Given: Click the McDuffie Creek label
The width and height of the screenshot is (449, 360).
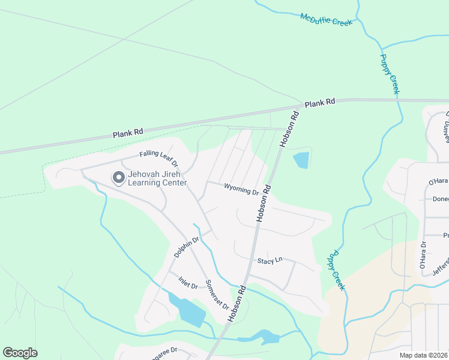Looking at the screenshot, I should click(326, 20).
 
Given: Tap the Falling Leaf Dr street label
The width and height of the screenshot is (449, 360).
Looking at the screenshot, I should click(159, 158).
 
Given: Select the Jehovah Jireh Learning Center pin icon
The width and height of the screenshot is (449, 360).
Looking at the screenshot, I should click(118, 178).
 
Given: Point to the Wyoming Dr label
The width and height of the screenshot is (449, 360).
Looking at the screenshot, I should click(241, 189).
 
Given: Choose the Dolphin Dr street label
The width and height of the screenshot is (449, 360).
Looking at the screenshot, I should click(186, 247).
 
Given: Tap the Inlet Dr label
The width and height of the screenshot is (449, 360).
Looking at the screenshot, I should click(188, 282).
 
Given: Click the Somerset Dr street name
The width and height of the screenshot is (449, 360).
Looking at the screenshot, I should click(217, 294).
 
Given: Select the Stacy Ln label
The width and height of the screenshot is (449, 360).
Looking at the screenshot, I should click(270, 261).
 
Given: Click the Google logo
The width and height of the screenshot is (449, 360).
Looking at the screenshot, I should click(20, 353).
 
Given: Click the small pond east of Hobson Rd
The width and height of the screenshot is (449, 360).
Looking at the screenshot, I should click(301, 160).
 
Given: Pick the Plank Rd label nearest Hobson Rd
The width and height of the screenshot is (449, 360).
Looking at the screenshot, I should click(319, 103).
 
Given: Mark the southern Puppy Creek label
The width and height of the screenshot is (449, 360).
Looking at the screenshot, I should click(336, 271).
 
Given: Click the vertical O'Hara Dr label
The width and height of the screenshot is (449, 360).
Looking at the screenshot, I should click(423, 256).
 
